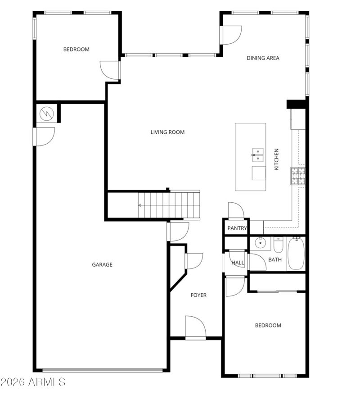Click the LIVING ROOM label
[167, 132]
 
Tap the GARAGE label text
[102, 264]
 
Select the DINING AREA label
[263, 58]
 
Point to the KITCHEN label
[276, 159]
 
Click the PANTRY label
[237, 228]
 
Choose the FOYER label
[198, 295]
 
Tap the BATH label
[275, 260]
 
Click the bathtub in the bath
[296, 253]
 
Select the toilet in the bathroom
[278, 245]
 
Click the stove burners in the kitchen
[298, 176]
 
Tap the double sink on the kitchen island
[258, 155]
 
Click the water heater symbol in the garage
[47, 114]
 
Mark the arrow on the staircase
[139, 205]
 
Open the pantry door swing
[236, 211]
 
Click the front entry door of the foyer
[195, 327]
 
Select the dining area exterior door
[231, 35]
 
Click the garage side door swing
[44, 137]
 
